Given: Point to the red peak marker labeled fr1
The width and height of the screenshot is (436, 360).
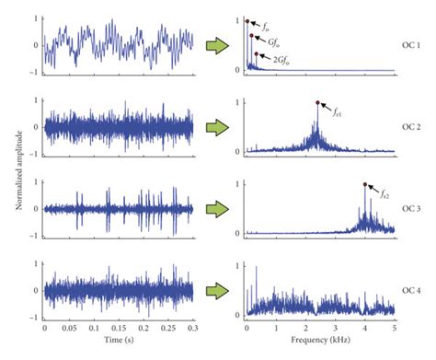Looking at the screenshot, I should pos(316,102).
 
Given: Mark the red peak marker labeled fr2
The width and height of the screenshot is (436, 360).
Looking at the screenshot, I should pos(365,184).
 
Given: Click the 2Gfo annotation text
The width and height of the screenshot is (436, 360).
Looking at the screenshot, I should pos(286,57).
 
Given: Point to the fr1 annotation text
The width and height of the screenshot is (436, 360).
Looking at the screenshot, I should pos(338,111).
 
